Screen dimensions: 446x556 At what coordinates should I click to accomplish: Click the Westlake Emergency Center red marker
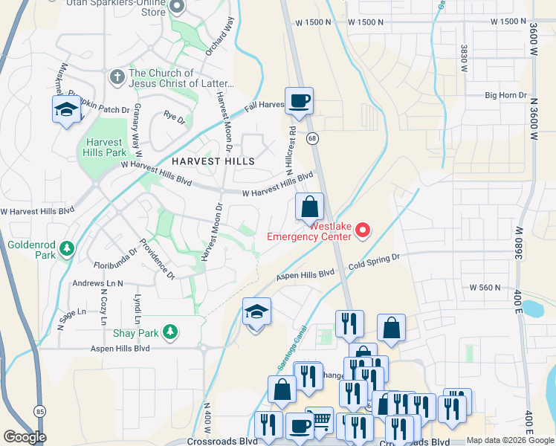(363, 231)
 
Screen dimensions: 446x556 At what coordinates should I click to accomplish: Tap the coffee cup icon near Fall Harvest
(299, 101)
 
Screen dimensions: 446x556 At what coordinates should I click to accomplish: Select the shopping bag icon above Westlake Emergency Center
(310, 207)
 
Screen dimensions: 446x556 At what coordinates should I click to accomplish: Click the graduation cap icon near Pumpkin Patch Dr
(65, 110)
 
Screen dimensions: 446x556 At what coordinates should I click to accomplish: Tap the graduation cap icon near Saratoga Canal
(256, 311)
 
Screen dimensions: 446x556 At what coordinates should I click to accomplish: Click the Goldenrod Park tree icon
(67, 248)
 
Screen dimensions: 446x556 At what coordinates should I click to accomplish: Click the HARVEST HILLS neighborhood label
(213, 161)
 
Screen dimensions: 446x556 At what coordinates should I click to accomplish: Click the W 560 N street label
(485, 288)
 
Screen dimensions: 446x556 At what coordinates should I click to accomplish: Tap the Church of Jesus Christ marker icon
(116, 77)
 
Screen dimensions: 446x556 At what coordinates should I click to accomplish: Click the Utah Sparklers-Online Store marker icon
(177, 7)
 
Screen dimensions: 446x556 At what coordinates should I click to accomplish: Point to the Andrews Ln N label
(97, 283)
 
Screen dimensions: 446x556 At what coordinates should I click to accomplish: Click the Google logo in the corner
(25, 437)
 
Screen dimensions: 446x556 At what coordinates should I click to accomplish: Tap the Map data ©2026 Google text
(509, 440)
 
